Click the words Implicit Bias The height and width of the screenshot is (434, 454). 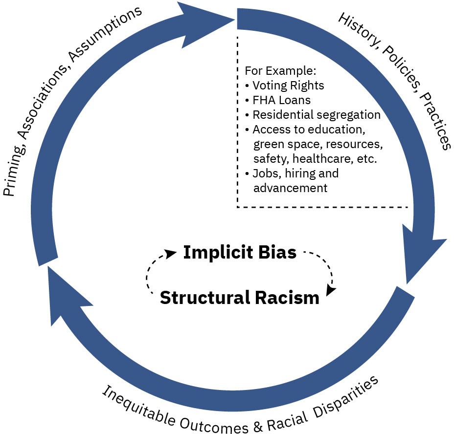240,253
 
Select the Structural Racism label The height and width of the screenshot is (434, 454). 240,297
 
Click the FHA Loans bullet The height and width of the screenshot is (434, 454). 281,100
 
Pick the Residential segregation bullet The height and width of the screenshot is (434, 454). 316,115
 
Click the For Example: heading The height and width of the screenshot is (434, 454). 274,71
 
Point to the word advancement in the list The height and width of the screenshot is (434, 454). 290,188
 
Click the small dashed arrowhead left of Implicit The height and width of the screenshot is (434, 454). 171,253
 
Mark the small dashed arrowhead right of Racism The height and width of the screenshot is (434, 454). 331,290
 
